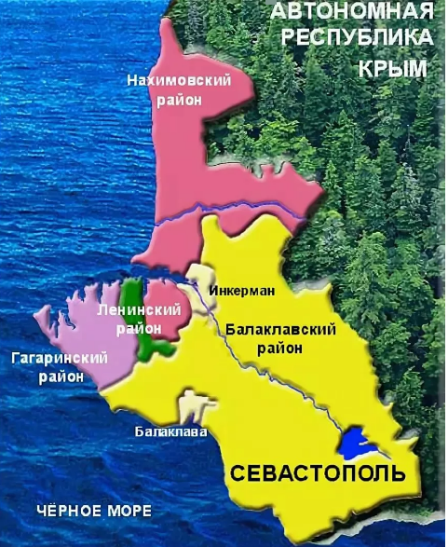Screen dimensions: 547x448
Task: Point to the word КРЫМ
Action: (x=390, y=70)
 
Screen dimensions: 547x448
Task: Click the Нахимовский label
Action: (x=178, y=81)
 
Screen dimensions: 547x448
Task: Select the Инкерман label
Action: (x=243, y=290)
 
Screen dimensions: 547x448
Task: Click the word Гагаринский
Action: (x=60, y=358)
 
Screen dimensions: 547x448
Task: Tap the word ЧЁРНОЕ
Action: (x=61, y=512)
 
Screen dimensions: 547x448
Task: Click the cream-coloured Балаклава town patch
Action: (x=191, y=407)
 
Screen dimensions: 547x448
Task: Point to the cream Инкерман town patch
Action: (x=199, y=277)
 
